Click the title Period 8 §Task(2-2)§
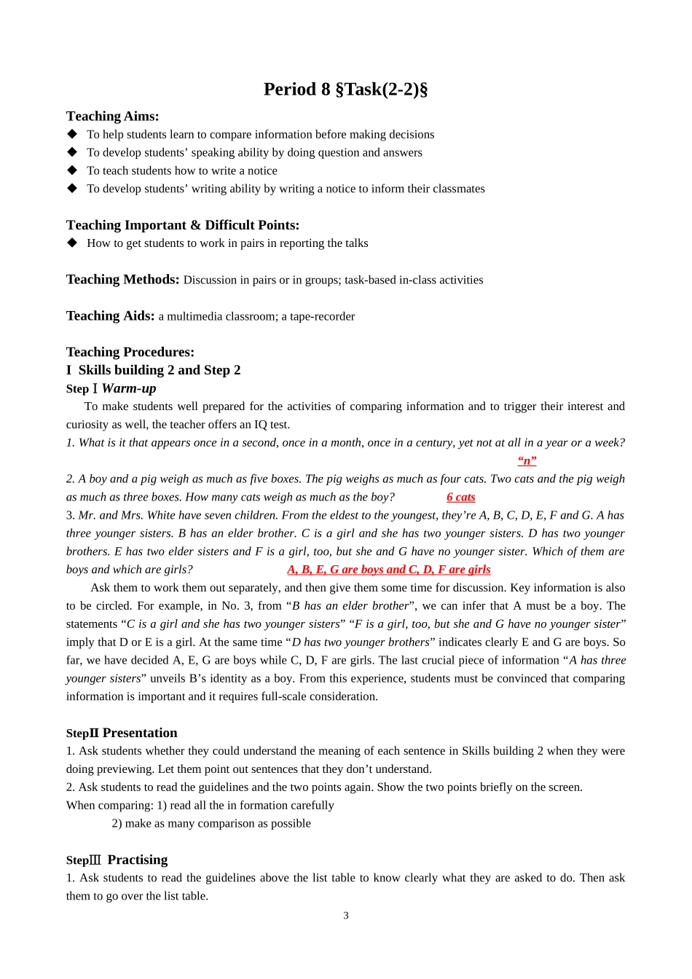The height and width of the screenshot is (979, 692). tap(345, 90)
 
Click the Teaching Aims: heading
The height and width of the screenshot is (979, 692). tap(112, 117)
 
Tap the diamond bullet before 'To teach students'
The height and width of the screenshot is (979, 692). tap(72, 170)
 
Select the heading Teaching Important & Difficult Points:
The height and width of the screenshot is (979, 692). tap(182, 225)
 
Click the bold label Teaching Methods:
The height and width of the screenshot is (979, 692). tap(122, 280)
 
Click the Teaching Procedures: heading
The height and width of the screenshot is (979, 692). tap(130, 353)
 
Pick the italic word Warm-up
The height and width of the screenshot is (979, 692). tap(129, 389)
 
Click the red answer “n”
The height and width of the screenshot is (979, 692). tap(527, 461)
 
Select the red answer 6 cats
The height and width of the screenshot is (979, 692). tap(460, 498)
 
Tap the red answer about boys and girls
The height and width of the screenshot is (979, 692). tap(388, 570)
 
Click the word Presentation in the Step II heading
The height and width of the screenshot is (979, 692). tap(140, 734)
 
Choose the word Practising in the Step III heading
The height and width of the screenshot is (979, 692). tap(137, 860)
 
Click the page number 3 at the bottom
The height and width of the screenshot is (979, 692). tap(346, 916)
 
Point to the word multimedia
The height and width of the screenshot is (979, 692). tap(193, 317)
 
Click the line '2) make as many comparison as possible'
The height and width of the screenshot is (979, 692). tap(211, 824)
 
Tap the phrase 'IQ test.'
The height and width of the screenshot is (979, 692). tap(270, 425)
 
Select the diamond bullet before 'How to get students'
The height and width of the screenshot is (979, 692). tap(72, 243)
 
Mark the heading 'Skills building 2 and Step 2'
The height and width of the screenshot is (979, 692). tap(160, 371)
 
